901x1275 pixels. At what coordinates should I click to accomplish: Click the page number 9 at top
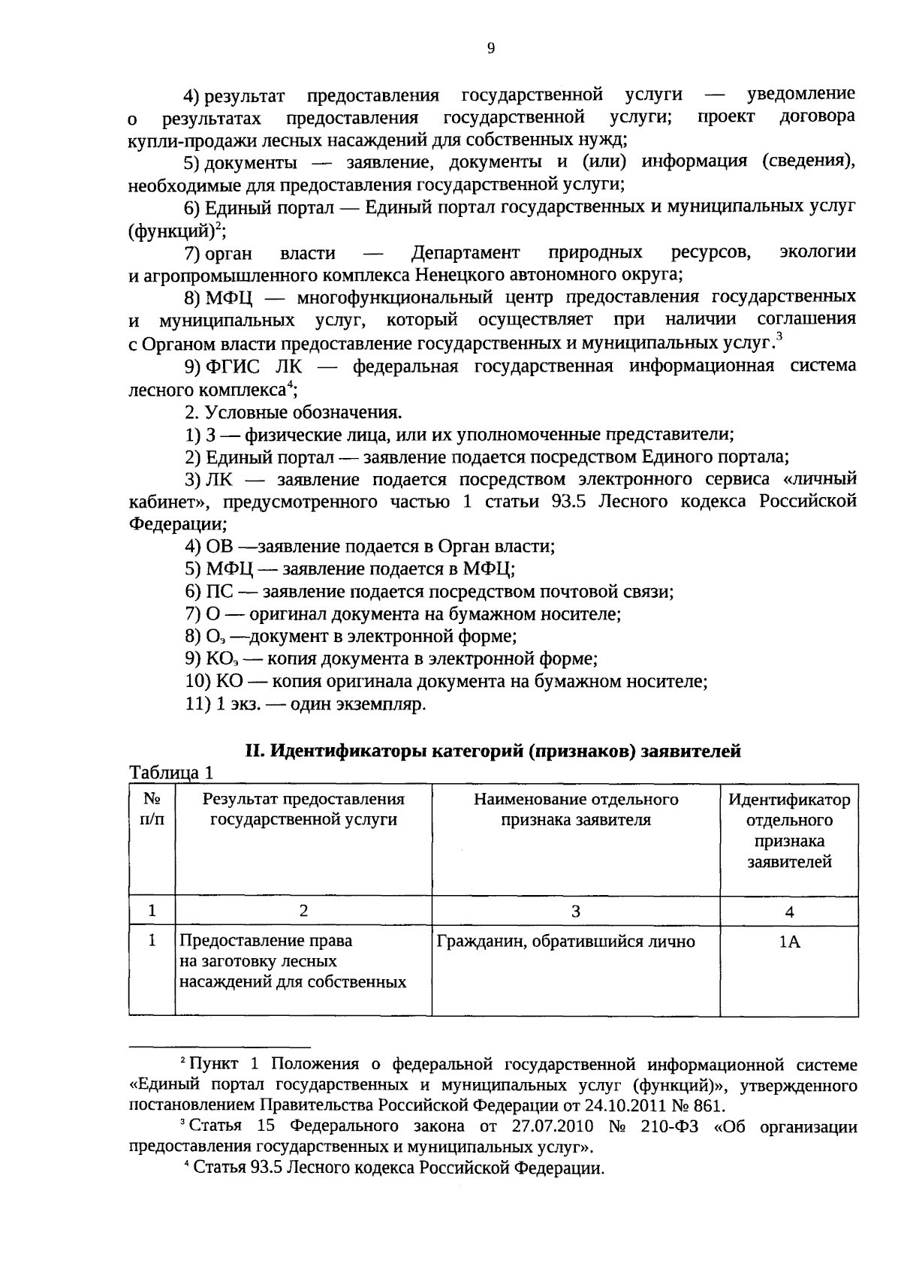pos(490,49)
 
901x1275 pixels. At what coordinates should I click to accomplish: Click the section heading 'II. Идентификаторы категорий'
pos(493,750)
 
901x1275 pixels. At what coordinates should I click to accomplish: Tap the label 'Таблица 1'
pos(173,773)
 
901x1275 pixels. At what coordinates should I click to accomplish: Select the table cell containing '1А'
pos(789,942)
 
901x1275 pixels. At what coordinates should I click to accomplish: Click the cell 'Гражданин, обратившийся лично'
pos(566,941)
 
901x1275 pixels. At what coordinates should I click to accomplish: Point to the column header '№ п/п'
pos(152,809)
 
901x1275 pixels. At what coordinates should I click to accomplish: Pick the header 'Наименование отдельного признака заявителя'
pos(575,809)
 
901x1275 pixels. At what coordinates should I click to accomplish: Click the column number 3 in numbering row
pos(575,912)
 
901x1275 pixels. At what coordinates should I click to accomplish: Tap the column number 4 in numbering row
pos(789,912)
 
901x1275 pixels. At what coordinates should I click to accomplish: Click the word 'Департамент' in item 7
pos(465,252)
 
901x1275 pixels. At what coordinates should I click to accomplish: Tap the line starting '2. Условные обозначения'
pos(294,412)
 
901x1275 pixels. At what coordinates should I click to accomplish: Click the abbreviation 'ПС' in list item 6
pos(217,592)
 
